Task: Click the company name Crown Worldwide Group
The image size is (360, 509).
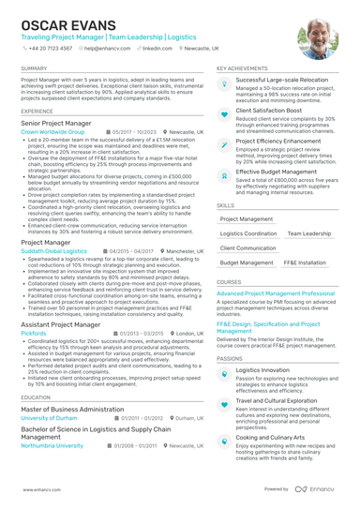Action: tap(52, 133)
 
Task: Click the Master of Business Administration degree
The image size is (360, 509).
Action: tap(74, 409)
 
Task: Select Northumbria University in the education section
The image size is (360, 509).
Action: tap(54, 445)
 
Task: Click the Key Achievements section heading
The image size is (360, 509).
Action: tap(242, 68)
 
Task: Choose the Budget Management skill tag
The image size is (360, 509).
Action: tap(246, 263)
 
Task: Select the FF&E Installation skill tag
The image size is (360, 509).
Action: tap(306, 263)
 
